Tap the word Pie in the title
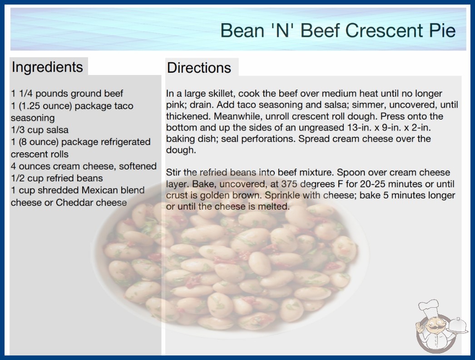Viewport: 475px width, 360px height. click(442, 30)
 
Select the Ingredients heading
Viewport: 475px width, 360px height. click(47, 67)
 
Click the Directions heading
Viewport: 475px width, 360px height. click(199, 68)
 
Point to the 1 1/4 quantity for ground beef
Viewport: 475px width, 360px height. click(21, 94)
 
